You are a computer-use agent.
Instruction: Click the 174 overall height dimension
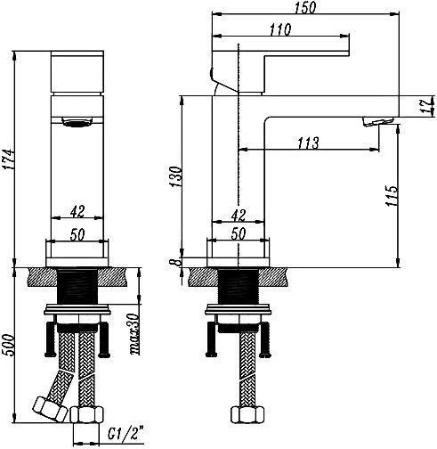[8, 159]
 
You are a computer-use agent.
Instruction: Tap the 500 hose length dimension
[8, 345]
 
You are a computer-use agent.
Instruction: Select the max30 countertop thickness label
[135, 334]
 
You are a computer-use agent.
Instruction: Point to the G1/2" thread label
[125, 434]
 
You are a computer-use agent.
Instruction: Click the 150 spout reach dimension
[305, 7]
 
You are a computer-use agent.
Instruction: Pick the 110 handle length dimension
[280, 29]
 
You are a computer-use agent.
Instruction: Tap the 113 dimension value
[309, 143]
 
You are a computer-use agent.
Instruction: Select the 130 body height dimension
[175, 176]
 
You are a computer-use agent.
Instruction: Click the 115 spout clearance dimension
[391, 195]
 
